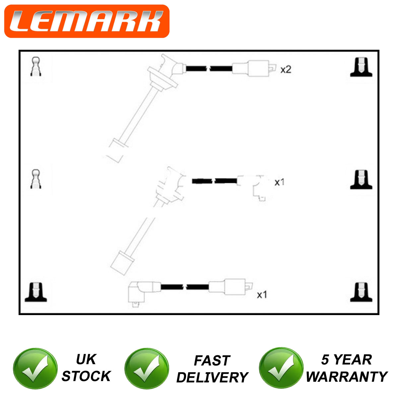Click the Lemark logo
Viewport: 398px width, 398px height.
tap(87, 21)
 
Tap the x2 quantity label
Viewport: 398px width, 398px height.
tap(286, 70)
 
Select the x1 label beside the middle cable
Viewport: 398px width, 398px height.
tap(280, 182)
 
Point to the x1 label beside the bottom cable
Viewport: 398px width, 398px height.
tap(262, 295)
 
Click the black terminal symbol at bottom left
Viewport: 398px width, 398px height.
tap(36, 292)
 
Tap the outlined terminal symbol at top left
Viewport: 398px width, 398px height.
tap(36, 67)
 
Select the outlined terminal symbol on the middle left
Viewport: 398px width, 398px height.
tap(36, 179)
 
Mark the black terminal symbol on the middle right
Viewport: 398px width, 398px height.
tap(361, 179)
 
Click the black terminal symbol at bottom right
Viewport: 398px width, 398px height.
tap(361, 292)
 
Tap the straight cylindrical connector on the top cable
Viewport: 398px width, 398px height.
tap(254, 68)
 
